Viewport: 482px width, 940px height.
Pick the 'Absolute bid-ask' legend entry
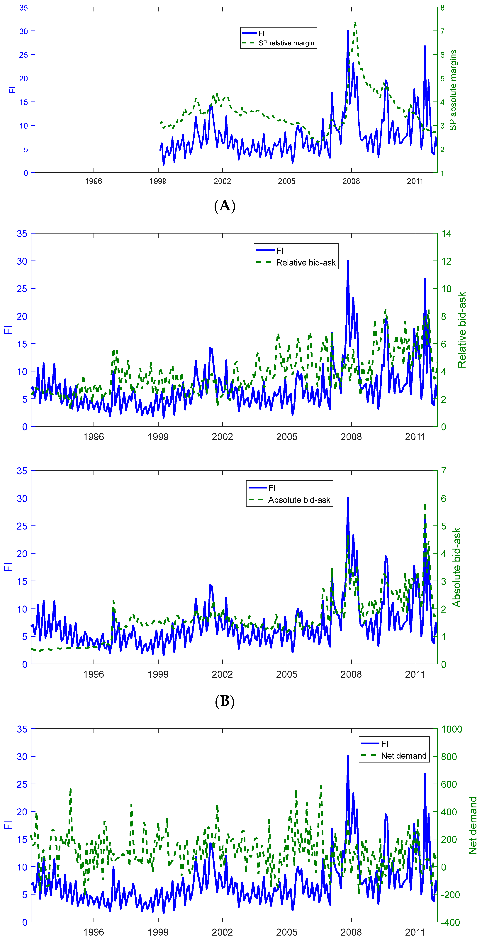click(299, 500)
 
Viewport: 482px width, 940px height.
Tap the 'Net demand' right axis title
click(473, 825)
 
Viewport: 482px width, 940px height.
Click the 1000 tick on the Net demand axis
click(451, 729)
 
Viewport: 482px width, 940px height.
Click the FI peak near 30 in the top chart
click(348, 31)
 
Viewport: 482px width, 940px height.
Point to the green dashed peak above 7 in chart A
click(355, 23)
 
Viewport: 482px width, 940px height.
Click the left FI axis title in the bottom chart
click(8, 825)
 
